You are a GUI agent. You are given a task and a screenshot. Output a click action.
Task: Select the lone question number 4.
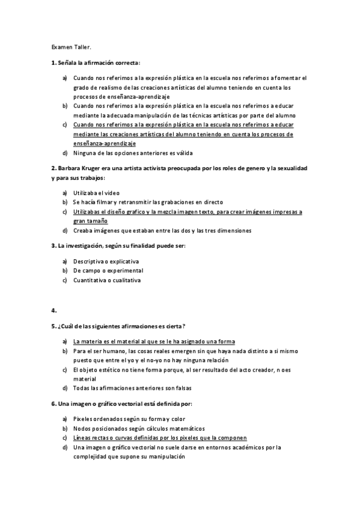pos(53,310)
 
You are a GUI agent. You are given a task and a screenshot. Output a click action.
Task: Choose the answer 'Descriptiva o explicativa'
pos(106,262)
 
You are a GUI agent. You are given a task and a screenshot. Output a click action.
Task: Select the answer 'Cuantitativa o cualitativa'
pos(107,280)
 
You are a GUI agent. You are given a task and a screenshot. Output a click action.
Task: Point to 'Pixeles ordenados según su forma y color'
pos(129,419)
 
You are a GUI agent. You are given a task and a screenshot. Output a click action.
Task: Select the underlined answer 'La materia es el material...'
pos(154,341)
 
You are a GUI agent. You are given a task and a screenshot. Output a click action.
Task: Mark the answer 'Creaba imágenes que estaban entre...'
pos(162,230)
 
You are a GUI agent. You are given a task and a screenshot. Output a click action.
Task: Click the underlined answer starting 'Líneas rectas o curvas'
pos(160,437)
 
